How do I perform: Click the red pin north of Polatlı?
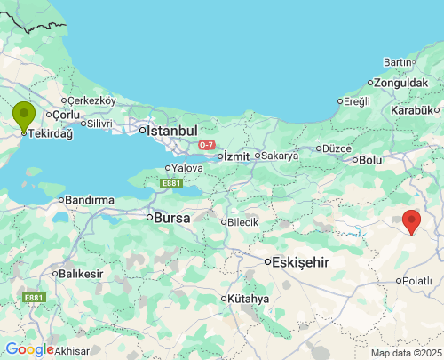click(411, 220)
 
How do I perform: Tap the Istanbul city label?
click(171, 130)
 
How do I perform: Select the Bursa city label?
click(172, 217)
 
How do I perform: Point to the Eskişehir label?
click(299, 262)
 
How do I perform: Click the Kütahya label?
click(247, 299)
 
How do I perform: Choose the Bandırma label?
click(91, 199)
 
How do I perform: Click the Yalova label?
click(187, 167)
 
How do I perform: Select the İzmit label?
click(235, 156)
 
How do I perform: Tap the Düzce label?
click(337, 148)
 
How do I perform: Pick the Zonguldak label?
click(401, 83)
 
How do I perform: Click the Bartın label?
click(398, 62)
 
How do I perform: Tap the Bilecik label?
click(242, 221)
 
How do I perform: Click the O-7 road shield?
click(206, 144)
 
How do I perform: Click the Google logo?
click(28, 349)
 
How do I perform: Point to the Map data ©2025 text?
click(405, 353)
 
